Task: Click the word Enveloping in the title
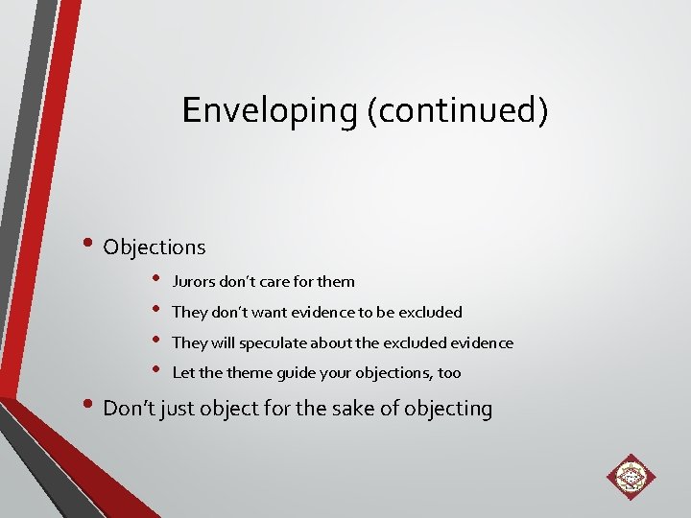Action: point(270,110)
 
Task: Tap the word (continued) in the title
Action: point(457,110)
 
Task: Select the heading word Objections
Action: point(155,247)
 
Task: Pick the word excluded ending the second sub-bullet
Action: point(432,312)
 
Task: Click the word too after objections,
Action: point(448,372)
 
